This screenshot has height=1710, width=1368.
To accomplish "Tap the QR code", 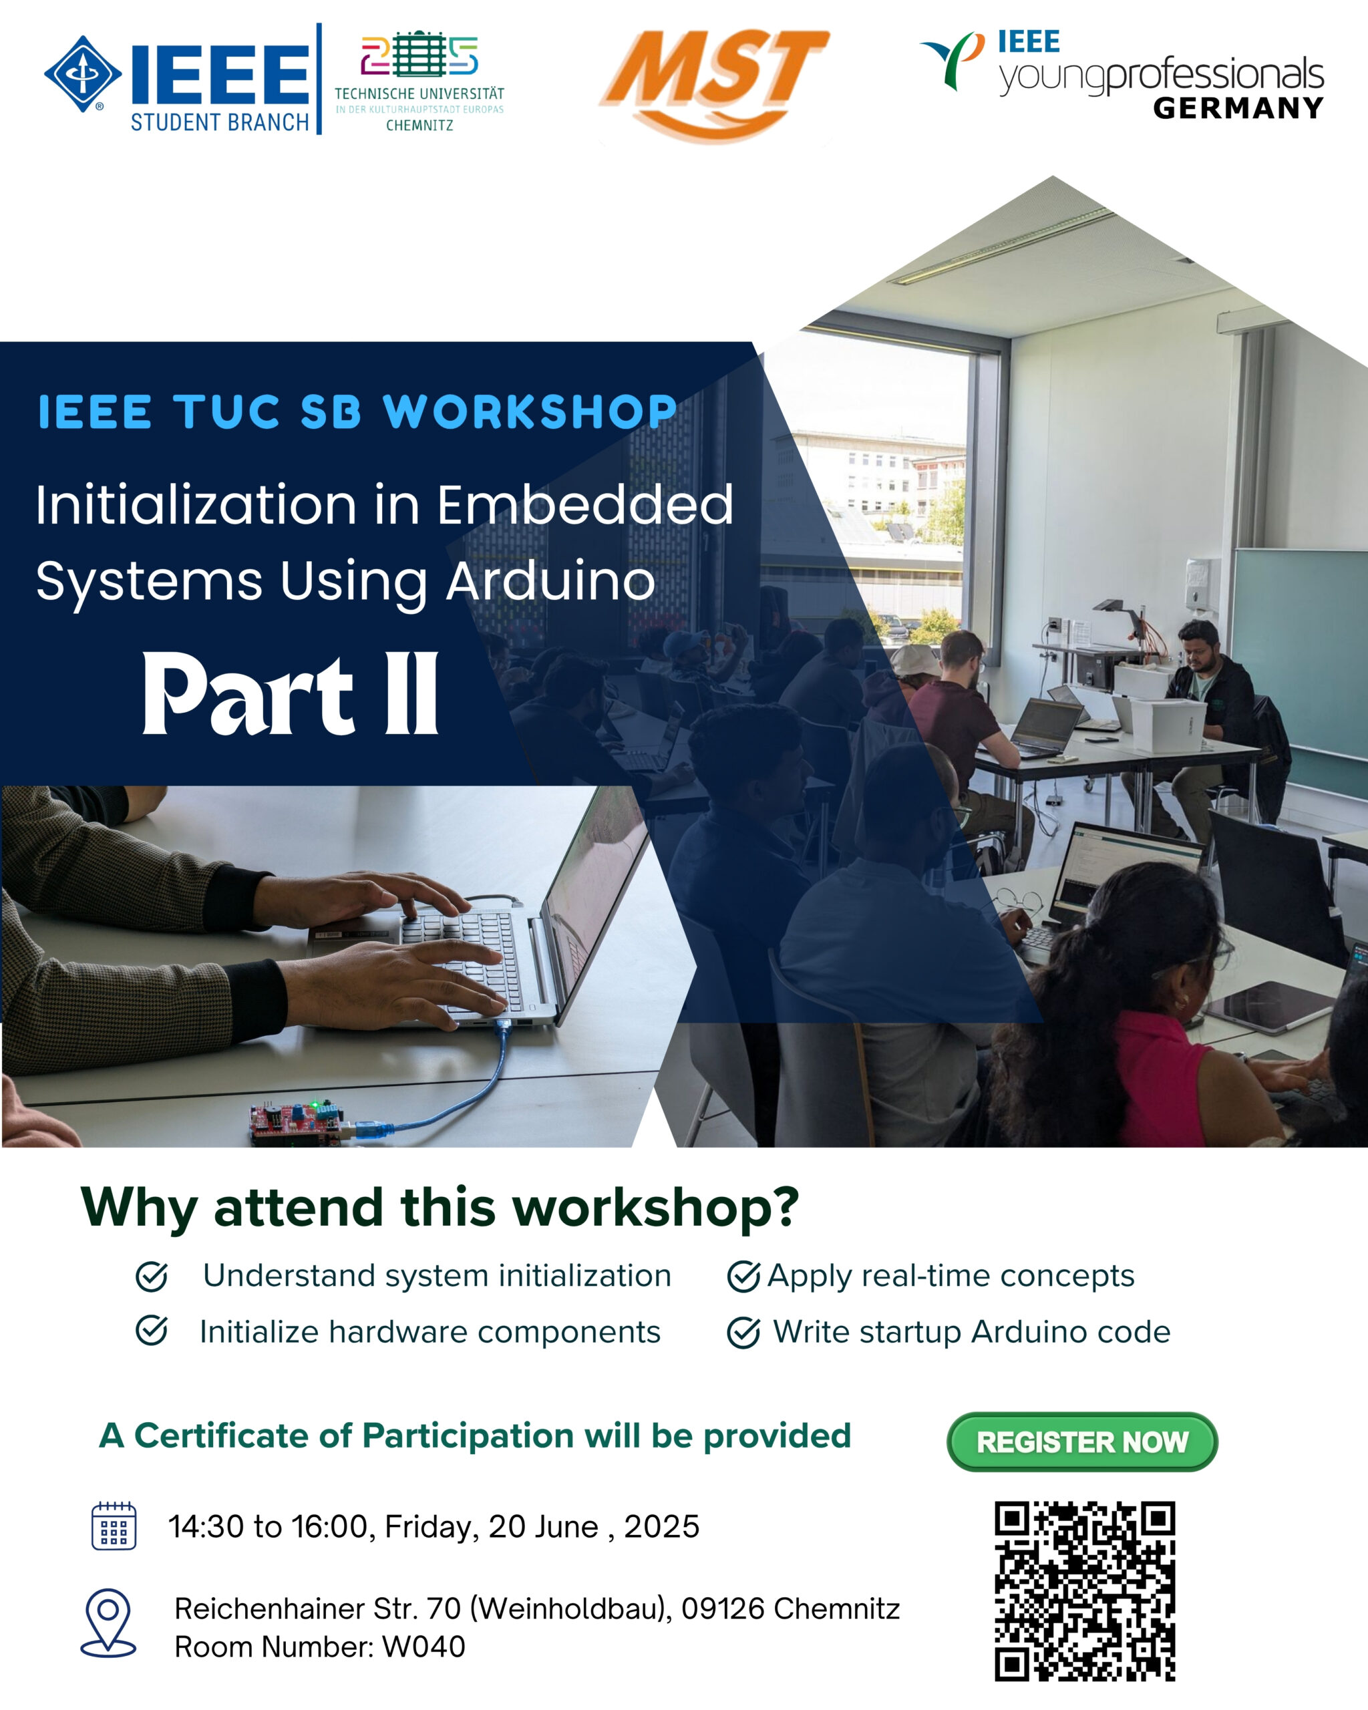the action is coord(1085,1590).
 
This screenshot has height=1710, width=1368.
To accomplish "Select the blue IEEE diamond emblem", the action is coord(82,73).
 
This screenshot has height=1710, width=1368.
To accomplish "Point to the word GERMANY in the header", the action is coord(1238,108).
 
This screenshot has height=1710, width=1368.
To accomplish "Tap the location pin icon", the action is coord(109,1622).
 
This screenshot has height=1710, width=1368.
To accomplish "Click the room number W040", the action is coord(423,1647).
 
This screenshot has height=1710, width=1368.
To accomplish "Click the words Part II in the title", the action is coord(291,694).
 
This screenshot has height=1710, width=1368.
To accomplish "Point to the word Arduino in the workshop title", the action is coord(551,581).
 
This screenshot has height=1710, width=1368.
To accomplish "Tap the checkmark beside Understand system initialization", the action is coord(152,1276).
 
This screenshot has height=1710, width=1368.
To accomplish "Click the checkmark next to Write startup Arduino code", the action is coord(743,1333).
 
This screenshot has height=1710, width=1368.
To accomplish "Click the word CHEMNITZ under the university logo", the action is coord(419,126).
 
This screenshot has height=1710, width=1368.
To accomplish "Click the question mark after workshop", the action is coord(785,1207).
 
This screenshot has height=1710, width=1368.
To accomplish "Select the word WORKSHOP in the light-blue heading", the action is coord(530,411).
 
